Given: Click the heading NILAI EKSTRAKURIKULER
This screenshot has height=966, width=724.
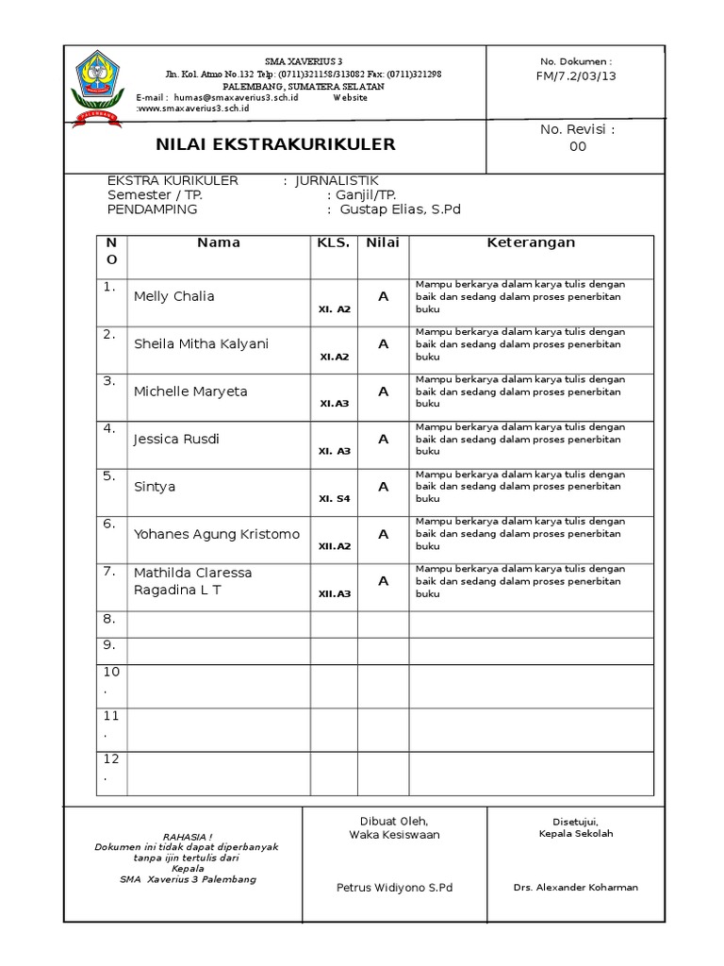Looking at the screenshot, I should pyautogui.click(x=275, y=144).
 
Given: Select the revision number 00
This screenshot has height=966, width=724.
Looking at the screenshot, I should pyautogui.click(x=577, y=146).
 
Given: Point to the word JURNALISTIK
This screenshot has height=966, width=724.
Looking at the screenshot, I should pyautogui.click(x=337, y=180).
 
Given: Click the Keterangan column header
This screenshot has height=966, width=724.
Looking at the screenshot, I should pyautogui.click(x=531, y=242).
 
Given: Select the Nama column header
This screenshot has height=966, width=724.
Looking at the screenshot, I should pyautogui.click(x=219, y=242).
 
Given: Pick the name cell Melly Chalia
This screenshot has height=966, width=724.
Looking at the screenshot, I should pyautogui.click(x=174, y=296).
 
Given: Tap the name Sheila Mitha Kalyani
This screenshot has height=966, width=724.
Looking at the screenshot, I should pyautogui.click(x=201, y=343).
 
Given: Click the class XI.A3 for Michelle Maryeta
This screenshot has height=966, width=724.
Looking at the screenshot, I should pyautogui.click(x=335, y=403).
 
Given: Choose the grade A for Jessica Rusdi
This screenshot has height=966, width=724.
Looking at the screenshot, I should pyautogui.click(x=383, y=439).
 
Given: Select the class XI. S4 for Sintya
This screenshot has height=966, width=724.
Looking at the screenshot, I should pyautogui.click(x=335, y=498).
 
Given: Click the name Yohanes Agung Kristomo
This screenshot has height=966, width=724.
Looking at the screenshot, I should pyautogui.click(x=217, y=534).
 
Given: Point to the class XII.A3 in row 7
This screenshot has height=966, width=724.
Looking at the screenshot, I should pyautogui.click(x=335, y=593).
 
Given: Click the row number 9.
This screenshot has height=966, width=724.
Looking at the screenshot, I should pyautogui.click(x=109, y=645).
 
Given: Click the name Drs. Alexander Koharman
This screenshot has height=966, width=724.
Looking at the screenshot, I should pyautogui.click(x=576, y=887).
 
